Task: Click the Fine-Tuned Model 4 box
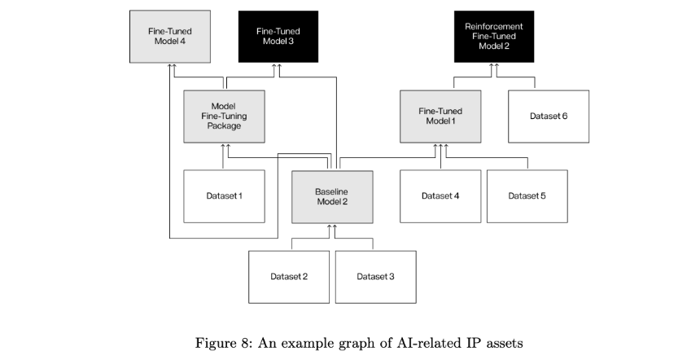click(170, 37)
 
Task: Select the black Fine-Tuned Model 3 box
click(278, 37)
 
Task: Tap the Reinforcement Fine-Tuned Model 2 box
click(494, 37)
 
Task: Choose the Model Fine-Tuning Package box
click(224, 116)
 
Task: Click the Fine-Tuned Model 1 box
click(440, 116)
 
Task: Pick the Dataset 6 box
click(549, 116)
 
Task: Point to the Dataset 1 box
click(224, 196)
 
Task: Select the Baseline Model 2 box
click(332, 197)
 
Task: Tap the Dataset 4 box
click(440, 196)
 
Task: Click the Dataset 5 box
click(527, 196)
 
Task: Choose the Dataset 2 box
click(289, 277)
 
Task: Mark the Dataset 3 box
click(376, 277)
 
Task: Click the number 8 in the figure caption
click(242, 343)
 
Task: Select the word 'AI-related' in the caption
click(428, 343)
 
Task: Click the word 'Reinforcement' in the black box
click(494, 26)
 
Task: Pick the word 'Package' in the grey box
click(224, 126)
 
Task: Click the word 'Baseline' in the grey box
click(332, 191)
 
